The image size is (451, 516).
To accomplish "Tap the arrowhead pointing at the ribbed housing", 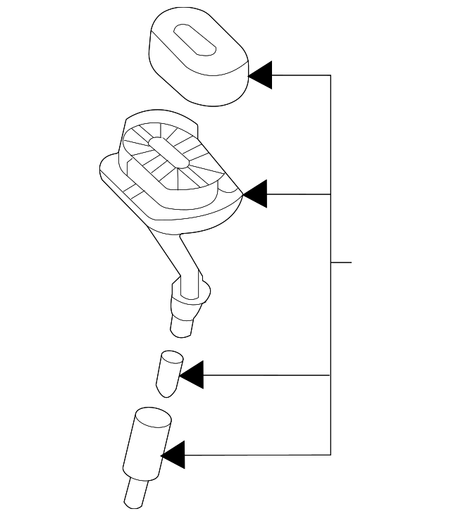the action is click(x=255, y=194).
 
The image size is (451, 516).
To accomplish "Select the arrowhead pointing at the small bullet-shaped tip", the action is click(x=192, y=375).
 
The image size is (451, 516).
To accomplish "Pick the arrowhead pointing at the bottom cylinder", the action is click(x=173, y=455).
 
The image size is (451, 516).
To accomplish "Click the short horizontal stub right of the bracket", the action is click(x=341, y=263).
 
